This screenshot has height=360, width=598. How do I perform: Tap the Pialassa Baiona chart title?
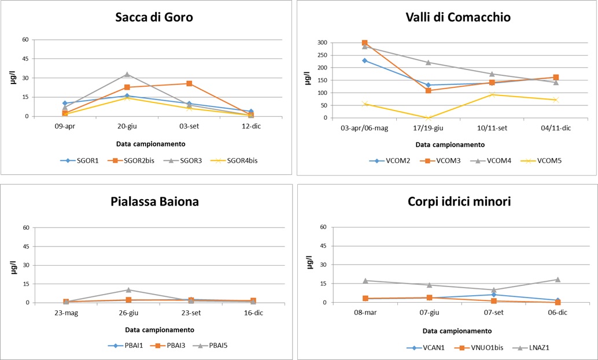pyautogui.click(x=149, y=202)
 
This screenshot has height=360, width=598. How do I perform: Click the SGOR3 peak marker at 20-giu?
pyautogui.click(x=127, y=74)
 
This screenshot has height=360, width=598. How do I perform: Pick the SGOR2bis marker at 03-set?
pyautogui.click(x=189, y=83)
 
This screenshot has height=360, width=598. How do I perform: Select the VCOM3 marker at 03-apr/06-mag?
pyautogui.click(x=364, y=43)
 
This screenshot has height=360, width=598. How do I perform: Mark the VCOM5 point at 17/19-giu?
pyautogui.click(x=429, y=118)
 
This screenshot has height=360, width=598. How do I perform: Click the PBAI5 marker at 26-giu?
pyautogui.click(x=128, y=289)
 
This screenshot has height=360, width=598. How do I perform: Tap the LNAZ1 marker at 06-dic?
pyautogui.click(x=558, y=280)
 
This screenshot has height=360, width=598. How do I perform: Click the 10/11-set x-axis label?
pyautogui.click(x=492, y=128)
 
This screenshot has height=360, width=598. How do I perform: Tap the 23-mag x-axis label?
pyautogui.click(x=65, y=313)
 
